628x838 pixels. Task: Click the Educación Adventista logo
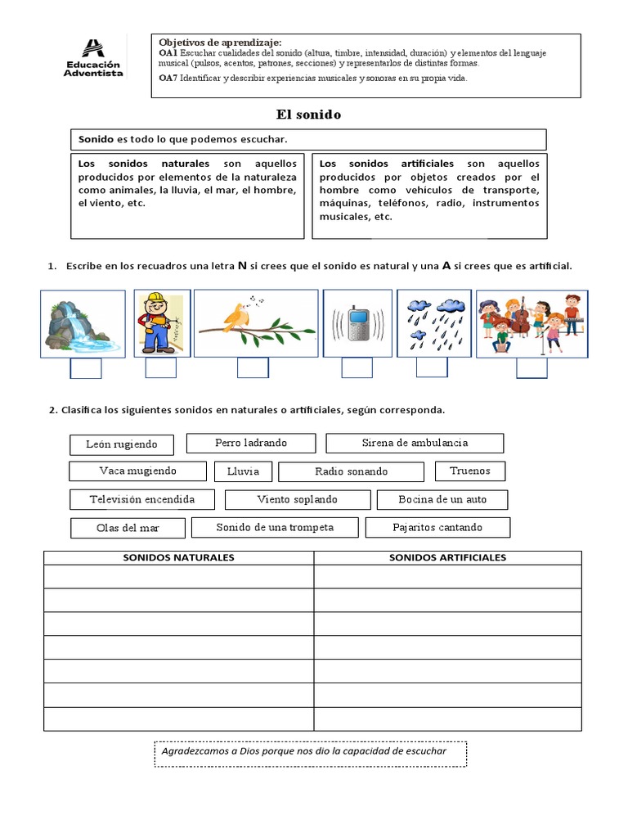pyautogui.click(x=94, y=58)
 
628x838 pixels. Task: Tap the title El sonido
pyautogui.click(x=308, y=115)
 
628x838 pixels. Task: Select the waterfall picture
pyautogui.click(x=83, y=323)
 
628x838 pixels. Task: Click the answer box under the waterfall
pyautogui.click(x=86, y=369)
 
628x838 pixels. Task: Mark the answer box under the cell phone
pyautogui.click(x=357, y=368)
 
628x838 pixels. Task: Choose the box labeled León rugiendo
pyautogui.click(x=122, y=444)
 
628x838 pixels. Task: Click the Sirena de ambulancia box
pyautogui.click(x=415, y=443)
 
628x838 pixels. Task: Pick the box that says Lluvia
pyautogui.click(x=243, y=471)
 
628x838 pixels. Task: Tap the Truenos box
pyautogui.click(x=470, y=471)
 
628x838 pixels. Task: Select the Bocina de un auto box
pyautogui.click(x=442, y=499)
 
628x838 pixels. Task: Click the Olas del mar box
pyautogui.click(x=128, y=528)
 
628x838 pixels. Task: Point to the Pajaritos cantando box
pyautogui.click(x=437, y=527)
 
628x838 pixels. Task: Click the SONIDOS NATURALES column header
pyautogui.click(x=178, y=558)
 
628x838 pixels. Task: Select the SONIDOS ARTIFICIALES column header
pyautogui.click(x=447, y=558)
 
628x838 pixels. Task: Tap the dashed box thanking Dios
pyautogui.click(x=311, y=754)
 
